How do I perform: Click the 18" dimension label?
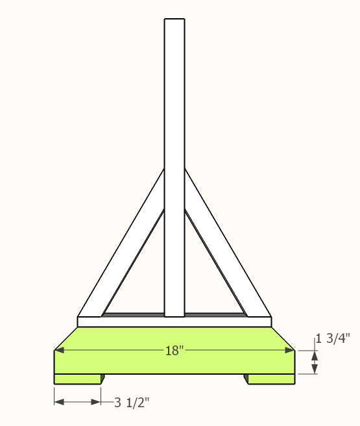click(174, 351)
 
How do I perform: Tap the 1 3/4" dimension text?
click(333, 338)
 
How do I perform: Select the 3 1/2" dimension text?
click(132, 402)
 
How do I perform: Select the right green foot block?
click(271, 379)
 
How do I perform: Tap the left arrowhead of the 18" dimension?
click(59, 351)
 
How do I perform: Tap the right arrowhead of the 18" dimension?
click(289, 351)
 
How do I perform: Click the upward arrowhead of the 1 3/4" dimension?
click(315, 355)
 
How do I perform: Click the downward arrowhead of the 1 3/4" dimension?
click(315, 370)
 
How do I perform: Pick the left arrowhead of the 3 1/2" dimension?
click(59, 402)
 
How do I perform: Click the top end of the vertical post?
click(174, 21)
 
